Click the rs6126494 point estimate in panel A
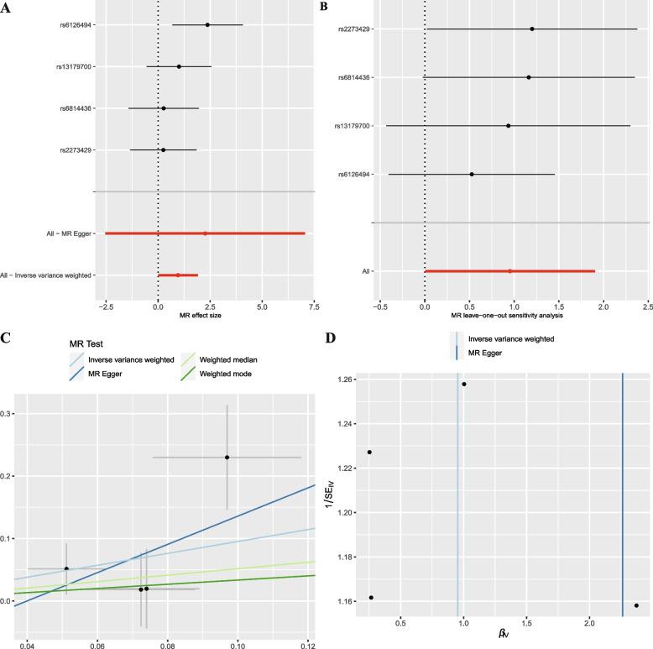(x=207, y=25)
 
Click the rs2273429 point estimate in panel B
(x=531, y=29)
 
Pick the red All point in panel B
(x=509, y=271)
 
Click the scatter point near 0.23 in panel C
(x=227, y=458)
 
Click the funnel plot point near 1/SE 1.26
(x=463, y=385)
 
